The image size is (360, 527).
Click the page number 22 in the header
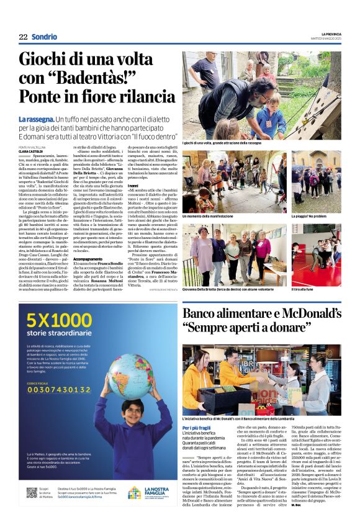[x=23, y=37]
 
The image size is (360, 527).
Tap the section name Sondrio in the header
[x=44, y=37]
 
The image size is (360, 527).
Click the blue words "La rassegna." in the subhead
[x=36, y=119]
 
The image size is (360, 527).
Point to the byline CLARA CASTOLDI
[x=31, y=151]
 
